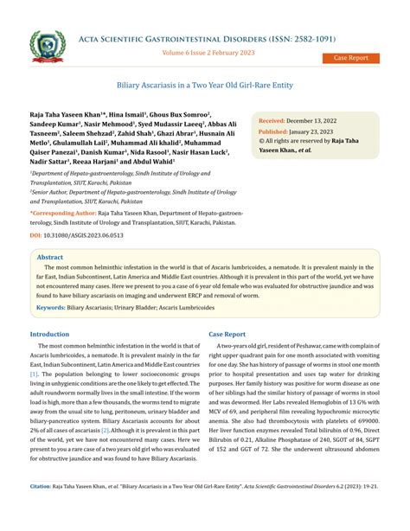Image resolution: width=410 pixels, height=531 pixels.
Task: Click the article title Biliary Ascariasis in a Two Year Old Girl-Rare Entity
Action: pyautogui.click(x=204, y=87)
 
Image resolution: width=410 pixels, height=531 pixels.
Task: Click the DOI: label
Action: pyautogui.click(x=35, y=235)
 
